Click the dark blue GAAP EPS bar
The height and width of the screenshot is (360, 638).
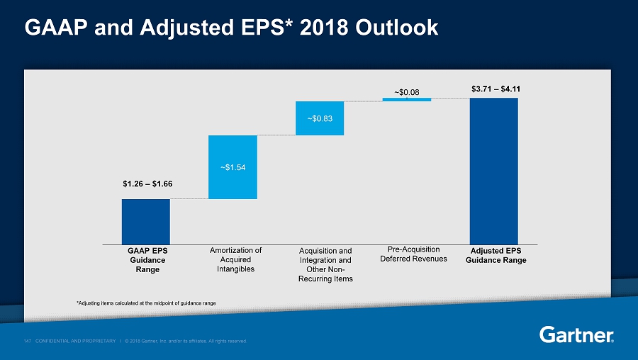145,221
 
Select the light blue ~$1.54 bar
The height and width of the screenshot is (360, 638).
233,167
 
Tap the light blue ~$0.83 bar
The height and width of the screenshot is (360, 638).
320,118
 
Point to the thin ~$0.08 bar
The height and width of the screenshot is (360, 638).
407,99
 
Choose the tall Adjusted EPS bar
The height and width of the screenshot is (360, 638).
494,170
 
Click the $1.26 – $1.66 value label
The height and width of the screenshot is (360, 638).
147,184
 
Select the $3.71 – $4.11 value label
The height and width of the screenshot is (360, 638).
495,89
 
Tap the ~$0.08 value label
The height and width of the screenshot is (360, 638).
406,91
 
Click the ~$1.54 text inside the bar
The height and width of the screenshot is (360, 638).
233,167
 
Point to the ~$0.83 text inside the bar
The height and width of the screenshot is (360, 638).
320,118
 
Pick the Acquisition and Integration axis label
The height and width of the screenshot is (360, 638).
325,264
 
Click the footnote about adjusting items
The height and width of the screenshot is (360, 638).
146,303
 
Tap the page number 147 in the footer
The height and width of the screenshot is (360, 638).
26,342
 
